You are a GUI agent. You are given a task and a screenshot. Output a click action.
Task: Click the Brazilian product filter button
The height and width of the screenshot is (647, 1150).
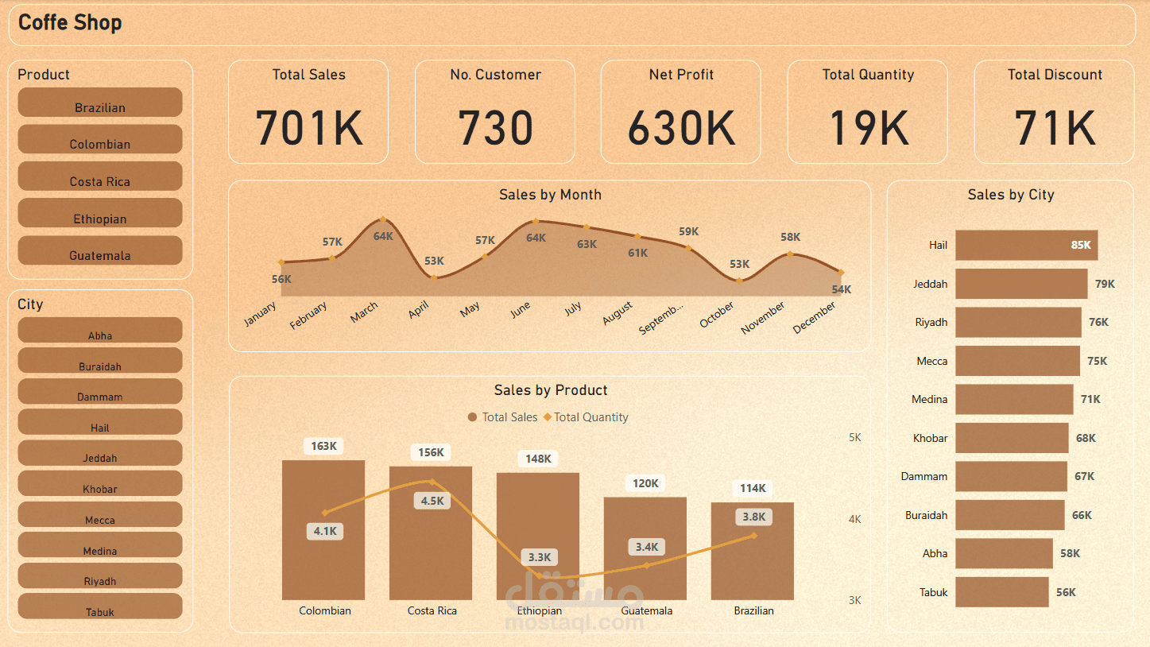(x=100, y=103)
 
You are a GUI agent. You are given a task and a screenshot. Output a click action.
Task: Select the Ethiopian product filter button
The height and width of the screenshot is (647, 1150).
(x=100, y=215)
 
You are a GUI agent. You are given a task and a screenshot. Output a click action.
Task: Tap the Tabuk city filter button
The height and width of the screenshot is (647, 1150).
(x=100, y=608)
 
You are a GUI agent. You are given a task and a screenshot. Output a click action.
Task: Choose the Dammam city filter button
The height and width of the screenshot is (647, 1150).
(x=100, y=393)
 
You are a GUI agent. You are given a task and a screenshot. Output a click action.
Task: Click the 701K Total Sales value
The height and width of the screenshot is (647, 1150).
(x=308, y=127)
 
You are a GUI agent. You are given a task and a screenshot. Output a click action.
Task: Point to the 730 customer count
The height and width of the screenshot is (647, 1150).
(x=494, y=127)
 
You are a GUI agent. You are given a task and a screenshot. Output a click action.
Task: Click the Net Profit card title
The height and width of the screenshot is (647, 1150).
(x=681, y=75)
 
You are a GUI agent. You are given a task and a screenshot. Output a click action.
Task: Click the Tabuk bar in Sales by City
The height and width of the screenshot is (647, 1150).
(x=1001, y=592)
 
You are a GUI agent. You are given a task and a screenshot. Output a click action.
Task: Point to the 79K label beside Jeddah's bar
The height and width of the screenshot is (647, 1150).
(x=1105, y=284)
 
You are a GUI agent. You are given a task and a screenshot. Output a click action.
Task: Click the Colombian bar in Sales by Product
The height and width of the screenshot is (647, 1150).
(x=323, y=540)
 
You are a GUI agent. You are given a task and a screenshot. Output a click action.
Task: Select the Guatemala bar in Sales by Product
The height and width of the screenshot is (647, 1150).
(x=645, y=556)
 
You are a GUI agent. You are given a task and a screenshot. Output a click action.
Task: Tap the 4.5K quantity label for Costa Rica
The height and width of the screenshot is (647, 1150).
(x=432, y=501)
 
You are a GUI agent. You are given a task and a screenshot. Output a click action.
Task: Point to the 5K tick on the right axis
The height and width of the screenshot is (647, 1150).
(x=854, y=438)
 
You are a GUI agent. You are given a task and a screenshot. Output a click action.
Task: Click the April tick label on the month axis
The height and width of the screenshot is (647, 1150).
(x=419, y=311)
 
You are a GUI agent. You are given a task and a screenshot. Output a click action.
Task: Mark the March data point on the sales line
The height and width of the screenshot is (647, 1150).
(x=383, y=219)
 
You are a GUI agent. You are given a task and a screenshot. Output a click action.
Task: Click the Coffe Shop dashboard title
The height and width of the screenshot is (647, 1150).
(x=70, y=23)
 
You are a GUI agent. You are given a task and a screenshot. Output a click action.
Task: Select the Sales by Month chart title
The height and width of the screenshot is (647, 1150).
(x=550, y=195)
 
